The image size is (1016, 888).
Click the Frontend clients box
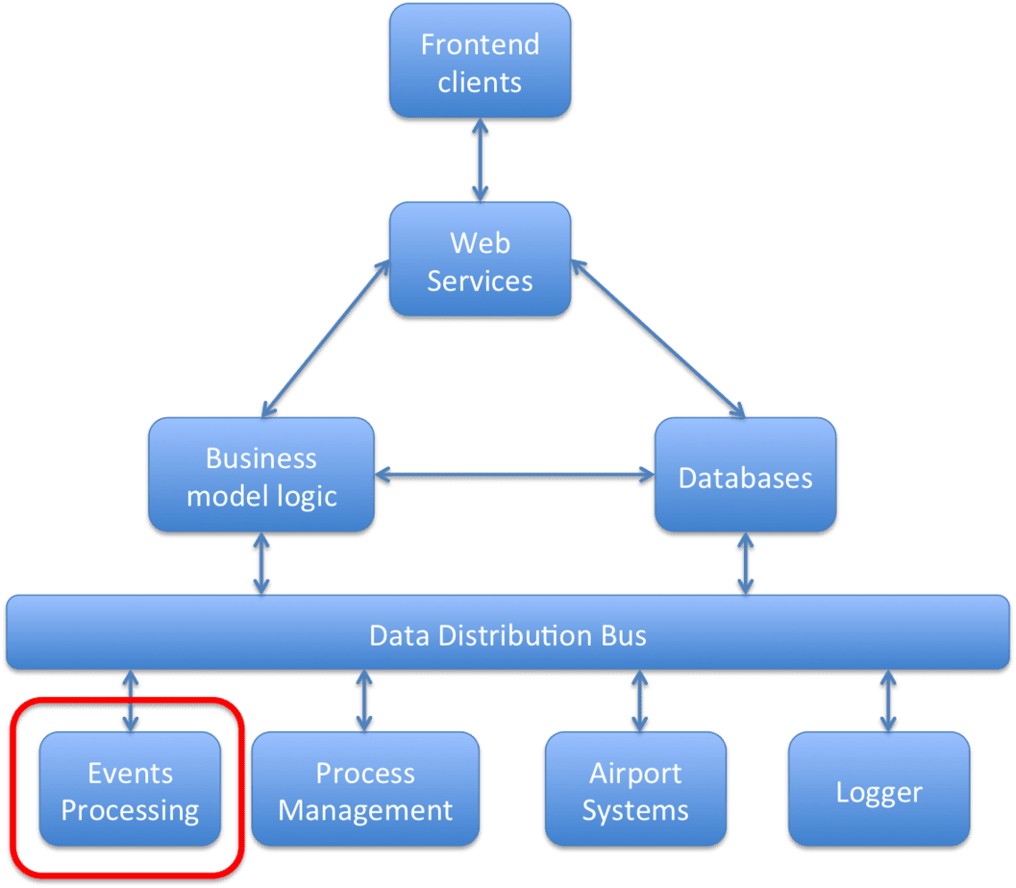(x=480, y=62)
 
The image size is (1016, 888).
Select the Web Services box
(x=480, y=261)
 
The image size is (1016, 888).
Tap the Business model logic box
(x=260, y=477)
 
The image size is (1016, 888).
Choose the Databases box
(x=745, y=478)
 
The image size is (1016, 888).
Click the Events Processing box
(x=130, y=791)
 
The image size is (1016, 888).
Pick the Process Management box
(x=365, y=791)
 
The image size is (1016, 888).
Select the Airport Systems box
(x=635, y=791)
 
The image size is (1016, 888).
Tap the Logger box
(x=879, y=792)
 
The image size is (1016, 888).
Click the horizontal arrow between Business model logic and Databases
(x=512, y=474)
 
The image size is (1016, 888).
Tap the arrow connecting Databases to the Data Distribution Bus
(x=744, y=564)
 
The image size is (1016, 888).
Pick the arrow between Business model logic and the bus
(x=260, y=564)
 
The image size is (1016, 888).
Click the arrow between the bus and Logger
(x=885, y=701)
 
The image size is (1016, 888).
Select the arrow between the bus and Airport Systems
(x=635, y=701)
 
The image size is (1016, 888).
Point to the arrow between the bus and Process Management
(x=363, y=701)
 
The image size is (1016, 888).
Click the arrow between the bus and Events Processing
(x=130, y=701)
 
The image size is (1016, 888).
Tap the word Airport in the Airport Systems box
(x=635, y=773)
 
